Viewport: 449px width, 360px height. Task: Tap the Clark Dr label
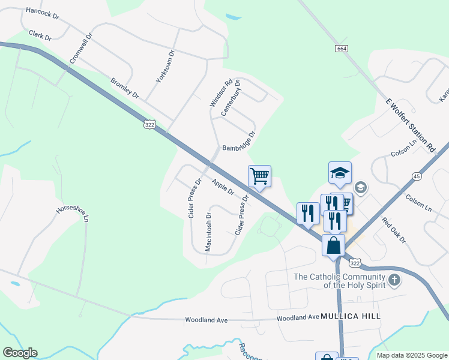[40, 36]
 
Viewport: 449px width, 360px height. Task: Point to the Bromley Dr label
[125, 88]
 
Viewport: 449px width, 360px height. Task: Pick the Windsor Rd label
[220, 94]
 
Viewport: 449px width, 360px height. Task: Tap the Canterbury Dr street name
[230, 98]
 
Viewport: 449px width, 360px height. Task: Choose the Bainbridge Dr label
[239, 141]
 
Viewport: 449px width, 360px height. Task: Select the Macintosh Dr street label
[208, 232]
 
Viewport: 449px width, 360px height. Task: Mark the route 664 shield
[342, 48]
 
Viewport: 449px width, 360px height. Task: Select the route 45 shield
[417, 176]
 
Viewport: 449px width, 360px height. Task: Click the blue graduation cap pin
[340, 173]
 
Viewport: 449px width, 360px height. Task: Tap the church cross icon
[394, 280]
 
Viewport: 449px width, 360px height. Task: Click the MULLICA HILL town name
[351, 316]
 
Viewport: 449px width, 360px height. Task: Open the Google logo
[20, 353]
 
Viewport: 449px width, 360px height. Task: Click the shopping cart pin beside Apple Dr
[259, 177]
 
